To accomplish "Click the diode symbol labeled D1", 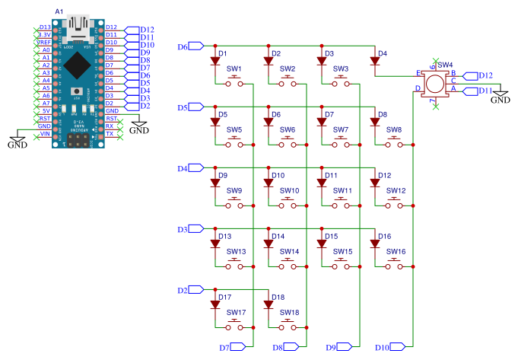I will pos(215,62).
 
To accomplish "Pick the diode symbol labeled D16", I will pos(375,244).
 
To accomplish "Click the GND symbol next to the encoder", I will pos(500,97).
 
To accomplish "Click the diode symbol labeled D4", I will pos(375,62).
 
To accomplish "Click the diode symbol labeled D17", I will pos(215,305).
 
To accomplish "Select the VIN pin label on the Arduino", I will pos(45,134).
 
